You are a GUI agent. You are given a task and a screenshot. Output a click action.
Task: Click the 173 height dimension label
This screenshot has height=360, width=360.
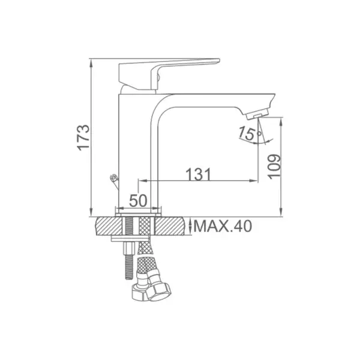(x=83, y=137)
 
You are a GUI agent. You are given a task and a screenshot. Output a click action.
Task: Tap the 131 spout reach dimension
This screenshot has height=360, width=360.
(x=199, y=174)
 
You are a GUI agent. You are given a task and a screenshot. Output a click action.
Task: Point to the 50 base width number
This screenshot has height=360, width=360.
(x=138, y=200)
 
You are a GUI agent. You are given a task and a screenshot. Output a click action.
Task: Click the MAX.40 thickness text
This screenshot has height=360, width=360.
(x=223, y=226)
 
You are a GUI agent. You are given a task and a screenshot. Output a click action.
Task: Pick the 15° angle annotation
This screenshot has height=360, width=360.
(x=250, y=133)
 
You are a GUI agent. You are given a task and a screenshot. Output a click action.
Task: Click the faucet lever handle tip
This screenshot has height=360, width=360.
(x=218, y=61)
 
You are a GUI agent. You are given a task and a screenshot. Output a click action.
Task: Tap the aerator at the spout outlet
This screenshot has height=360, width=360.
(x=257, y=114)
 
